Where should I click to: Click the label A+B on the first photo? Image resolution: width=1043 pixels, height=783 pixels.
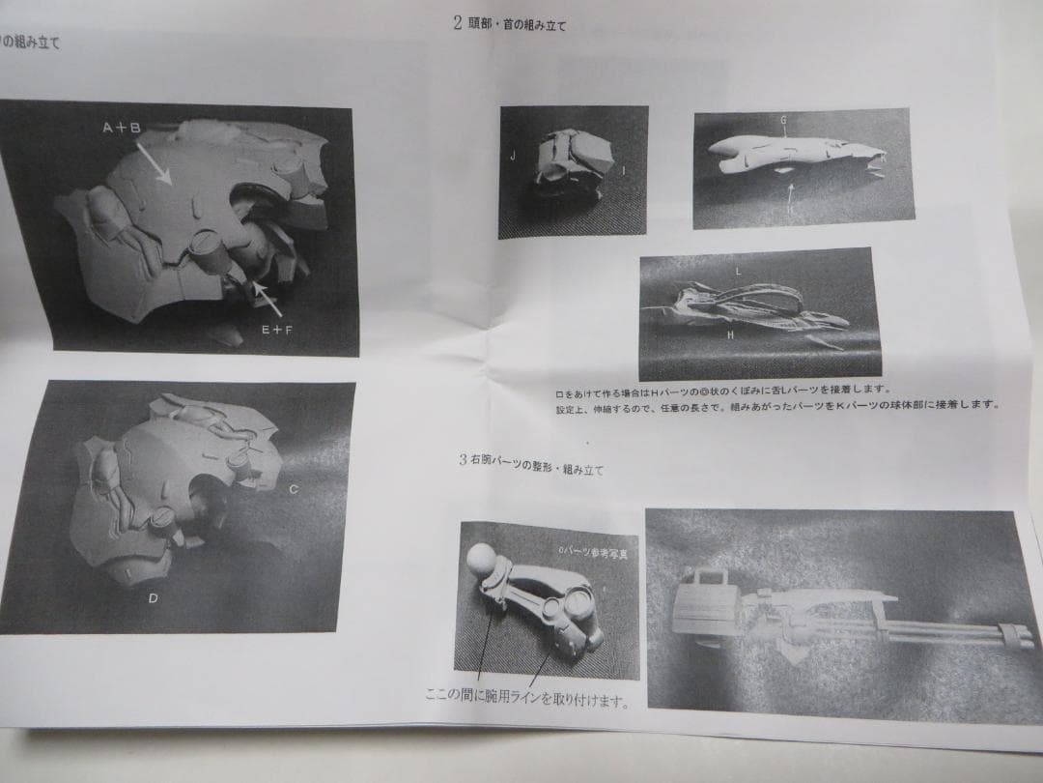pos(122,128)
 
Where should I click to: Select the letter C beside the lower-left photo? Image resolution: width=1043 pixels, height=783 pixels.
pos(294,489)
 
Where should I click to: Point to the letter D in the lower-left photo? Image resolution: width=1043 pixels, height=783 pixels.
pos(153,598)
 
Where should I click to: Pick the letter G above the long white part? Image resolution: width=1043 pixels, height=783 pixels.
pos(783,120)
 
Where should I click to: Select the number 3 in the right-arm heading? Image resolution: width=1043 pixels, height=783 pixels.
pos(464,459)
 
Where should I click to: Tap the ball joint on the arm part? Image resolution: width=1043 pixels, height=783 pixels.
pos(481,560)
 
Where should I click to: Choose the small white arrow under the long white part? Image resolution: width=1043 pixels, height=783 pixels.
pos(790,193)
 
